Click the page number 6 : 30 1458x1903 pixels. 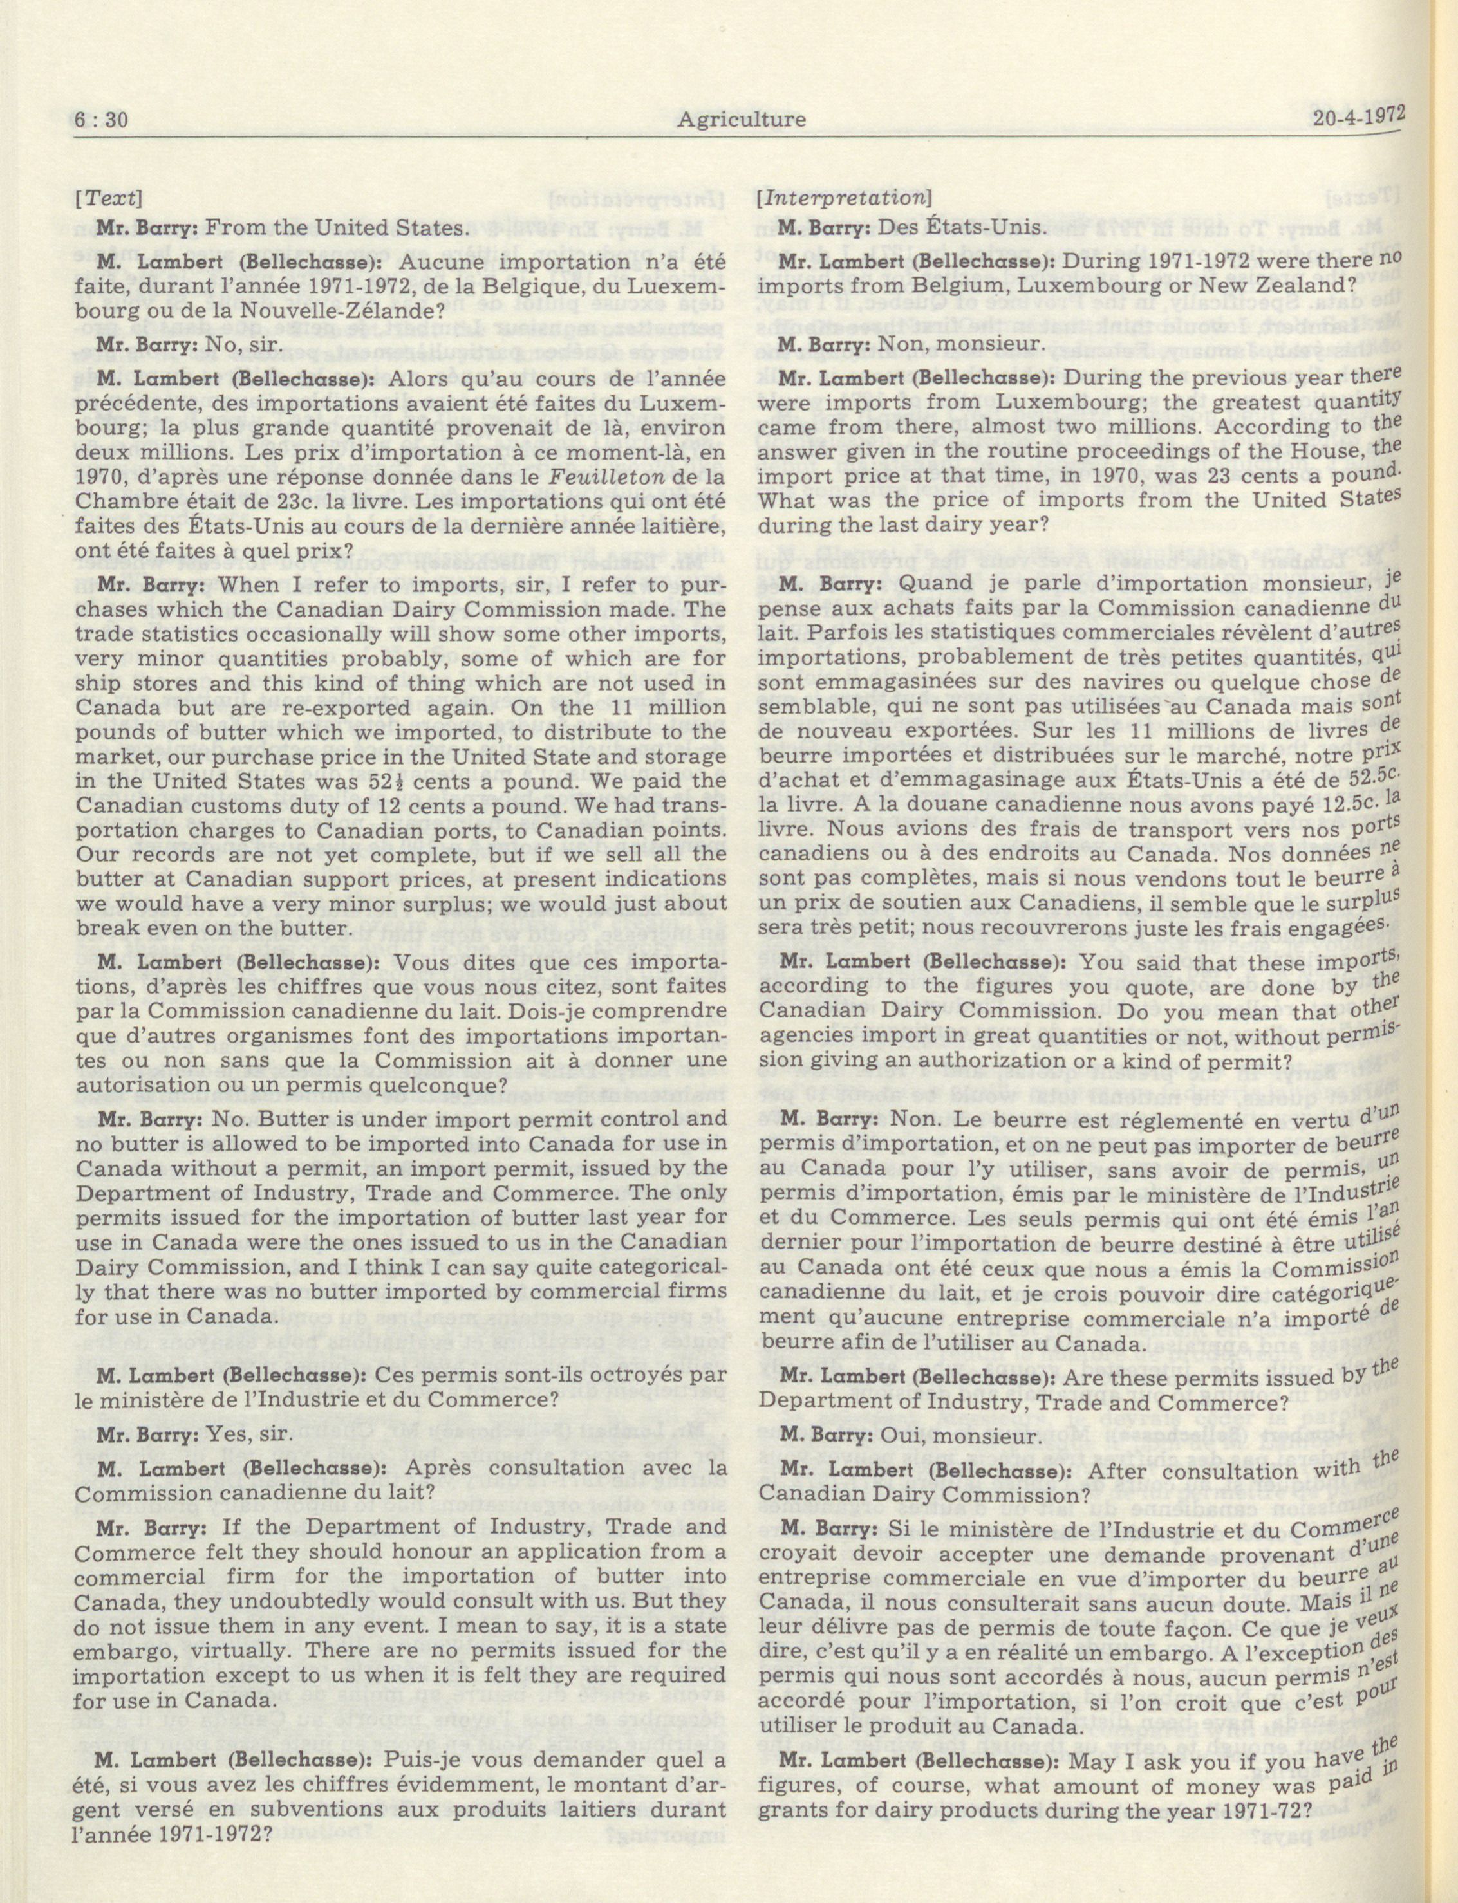tap(100, 120)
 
